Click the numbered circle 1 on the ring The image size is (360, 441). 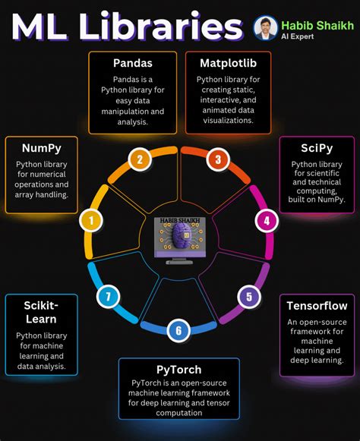[x=91, y=220]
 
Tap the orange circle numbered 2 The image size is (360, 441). [x=140, y=159]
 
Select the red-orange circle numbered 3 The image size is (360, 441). [x=218, y=159]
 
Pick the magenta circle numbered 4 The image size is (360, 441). [x=267, y=221]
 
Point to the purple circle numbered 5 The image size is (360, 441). [x=249, y=297]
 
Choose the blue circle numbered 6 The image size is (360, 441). [x=178, y=331]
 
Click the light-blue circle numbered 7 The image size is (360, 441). [x=108, y=297]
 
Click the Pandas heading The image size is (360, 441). [x=133, y=63]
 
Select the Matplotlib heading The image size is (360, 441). [x=229, y=63]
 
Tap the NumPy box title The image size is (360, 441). [x=41, y=148]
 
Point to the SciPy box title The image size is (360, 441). [x=317, y=148]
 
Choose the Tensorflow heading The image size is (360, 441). [x=317, y=306]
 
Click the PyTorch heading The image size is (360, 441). [x=179, y=370]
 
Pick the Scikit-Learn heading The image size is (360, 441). [x=41, y=312]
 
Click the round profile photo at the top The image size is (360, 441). [x=265, y=27]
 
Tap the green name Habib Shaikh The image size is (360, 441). [x=317, y=26]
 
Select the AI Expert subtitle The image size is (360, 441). [x=297, y=36]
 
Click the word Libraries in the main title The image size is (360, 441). [x=161, y=27]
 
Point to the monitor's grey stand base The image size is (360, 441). [x=179, y=263]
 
